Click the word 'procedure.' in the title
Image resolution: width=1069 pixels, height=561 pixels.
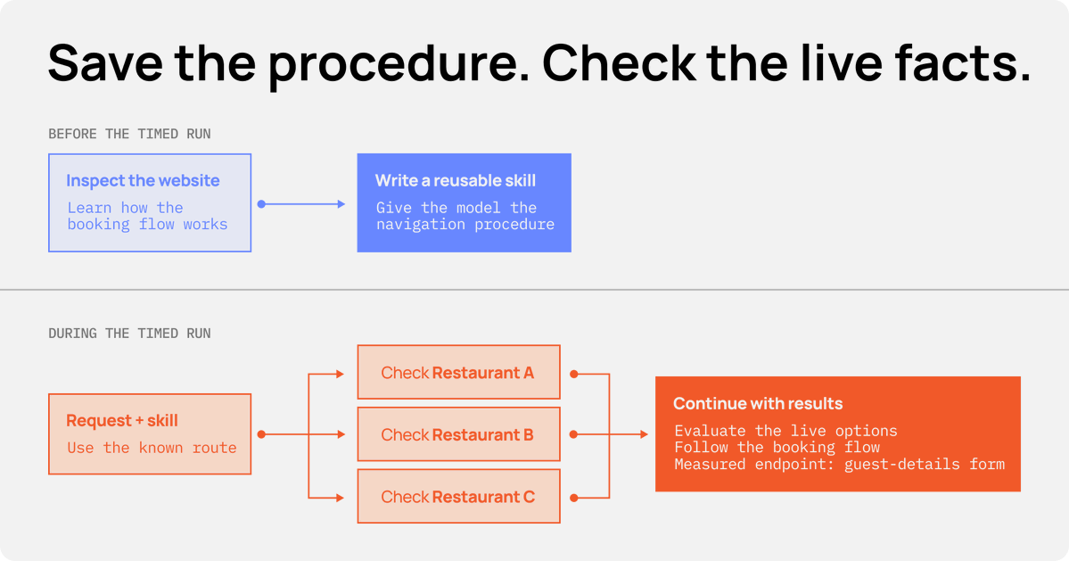[x=399, y=63]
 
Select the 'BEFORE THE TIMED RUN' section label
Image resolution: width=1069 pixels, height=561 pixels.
[x=129, y=134]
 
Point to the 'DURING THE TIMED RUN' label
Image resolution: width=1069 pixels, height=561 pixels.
[x=129, y=334]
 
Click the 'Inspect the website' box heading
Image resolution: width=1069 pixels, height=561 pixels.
[x=143, y=181]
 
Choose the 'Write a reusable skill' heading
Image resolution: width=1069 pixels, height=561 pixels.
[x=456, y=181]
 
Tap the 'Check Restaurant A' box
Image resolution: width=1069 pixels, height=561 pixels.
[x=459, y=372]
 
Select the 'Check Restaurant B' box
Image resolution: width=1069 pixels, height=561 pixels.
[x=459, y=434]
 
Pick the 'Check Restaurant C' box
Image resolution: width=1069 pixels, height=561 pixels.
[x=459, y=496]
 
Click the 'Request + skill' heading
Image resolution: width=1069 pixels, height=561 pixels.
[x=122, y=421]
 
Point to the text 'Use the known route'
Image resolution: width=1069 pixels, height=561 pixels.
[x=152, y=448]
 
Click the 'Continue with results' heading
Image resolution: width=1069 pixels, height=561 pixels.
[x=758, y=403]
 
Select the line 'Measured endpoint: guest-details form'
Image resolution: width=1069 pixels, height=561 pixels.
[x=840, y=464]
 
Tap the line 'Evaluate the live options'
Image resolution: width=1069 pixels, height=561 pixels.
[x=786, y=431]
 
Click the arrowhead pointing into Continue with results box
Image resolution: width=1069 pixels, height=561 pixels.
[x=645, y=434]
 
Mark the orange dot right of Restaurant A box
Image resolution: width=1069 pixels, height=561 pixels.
[x=574, y=375]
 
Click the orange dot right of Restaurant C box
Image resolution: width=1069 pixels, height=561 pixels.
[x=574, y=499]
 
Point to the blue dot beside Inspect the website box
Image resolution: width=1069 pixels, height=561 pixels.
[x=261, y=204]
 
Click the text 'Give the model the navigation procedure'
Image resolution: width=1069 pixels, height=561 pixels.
[x=465, y=216]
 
